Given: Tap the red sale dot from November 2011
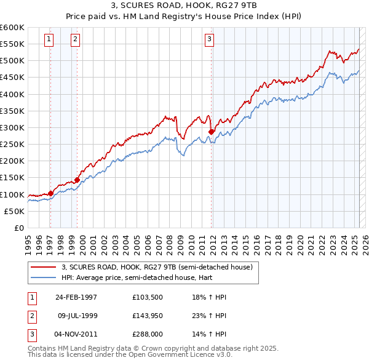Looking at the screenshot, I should (x=212, y=131).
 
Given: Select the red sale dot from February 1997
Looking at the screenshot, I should (x=50, y=193).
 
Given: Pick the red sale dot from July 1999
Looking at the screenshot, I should (x=77, y=180).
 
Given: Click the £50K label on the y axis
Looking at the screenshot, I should (x=14, y=211).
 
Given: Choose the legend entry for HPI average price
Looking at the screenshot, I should (x=130, y=277).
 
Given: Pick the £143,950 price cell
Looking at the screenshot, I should (x=147, y=316).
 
